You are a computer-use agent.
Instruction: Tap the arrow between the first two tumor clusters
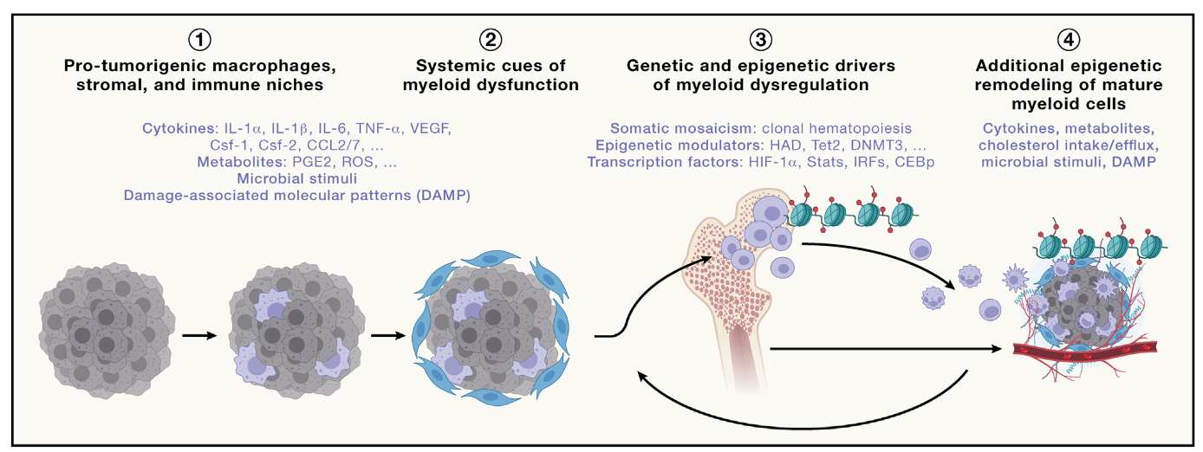click(x=201, y=333)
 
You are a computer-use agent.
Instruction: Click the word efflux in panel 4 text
click(x=1136, y=145)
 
